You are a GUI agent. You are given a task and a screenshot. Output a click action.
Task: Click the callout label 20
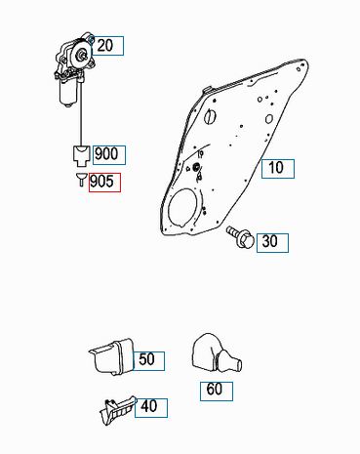coord(108,46)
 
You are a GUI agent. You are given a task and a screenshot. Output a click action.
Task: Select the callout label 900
coord(109,154)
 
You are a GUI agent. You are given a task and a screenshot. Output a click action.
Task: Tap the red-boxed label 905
coord(104,183)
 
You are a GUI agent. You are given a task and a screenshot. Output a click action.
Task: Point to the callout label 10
coord(278,169)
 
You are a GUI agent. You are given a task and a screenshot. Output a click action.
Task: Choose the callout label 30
coord(272,243)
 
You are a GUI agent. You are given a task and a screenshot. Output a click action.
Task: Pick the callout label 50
coord(148,361)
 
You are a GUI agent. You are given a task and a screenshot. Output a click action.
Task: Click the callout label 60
coord(217,392)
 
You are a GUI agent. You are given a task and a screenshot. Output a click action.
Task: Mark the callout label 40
coord(151,408)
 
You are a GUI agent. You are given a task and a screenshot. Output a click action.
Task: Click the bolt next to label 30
coord(241,237)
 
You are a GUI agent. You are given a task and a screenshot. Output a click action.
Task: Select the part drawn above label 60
coord(216,352)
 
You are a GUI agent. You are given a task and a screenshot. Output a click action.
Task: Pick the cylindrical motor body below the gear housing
coord(69,93)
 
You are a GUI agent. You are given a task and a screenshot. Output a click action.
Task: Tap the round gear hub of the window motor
coord(80,56)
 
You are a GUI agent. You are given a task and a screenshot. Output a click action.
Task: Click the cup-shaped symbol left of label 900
coord(81,154)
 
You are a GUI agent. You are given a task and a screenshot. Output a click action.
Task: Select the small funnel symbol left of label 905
coord(82,180)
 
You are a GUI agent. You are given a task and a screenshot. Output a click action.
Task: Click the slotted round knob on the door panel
coord(211,116)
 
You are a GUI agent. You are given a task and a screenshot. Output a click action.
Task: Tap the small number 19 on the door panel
coord(200,154)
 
